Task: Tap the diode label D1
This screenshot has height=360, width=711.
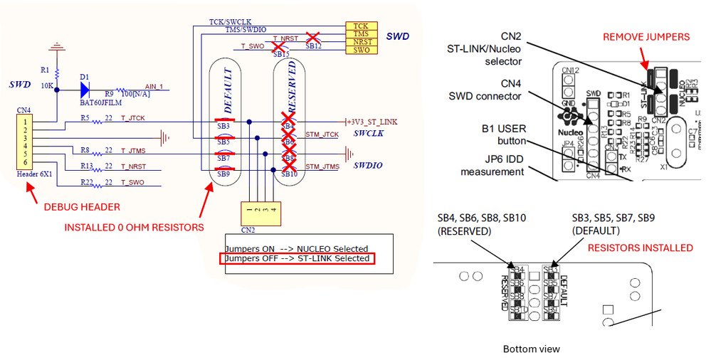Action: [84, 77]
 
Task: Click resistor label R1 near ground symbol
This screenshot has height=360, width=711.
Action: [45, 70]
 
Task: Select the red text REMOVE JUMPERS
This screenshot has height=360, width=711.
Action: [646, 36]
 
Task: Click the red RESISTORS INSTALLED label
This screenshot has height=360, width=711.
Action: [640, 248]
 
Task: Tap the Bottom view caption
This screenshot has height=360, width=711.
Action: [532, 349]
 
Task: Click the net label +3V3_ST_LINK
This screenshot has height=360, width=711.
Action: [372, 122]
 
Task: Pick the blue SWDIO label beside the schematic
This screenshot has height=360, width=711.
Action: [368, 165]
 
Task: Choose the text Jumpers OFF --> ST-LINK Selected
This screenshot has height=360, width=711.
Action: [297, 258]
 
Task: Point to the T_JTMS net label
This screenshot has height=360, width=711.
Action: [134, 151]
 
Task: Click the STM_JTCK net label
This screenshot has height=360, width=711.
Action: [322, 134]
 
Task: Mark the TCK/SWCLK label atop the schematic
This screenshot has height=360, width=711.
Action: [229, 22]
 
